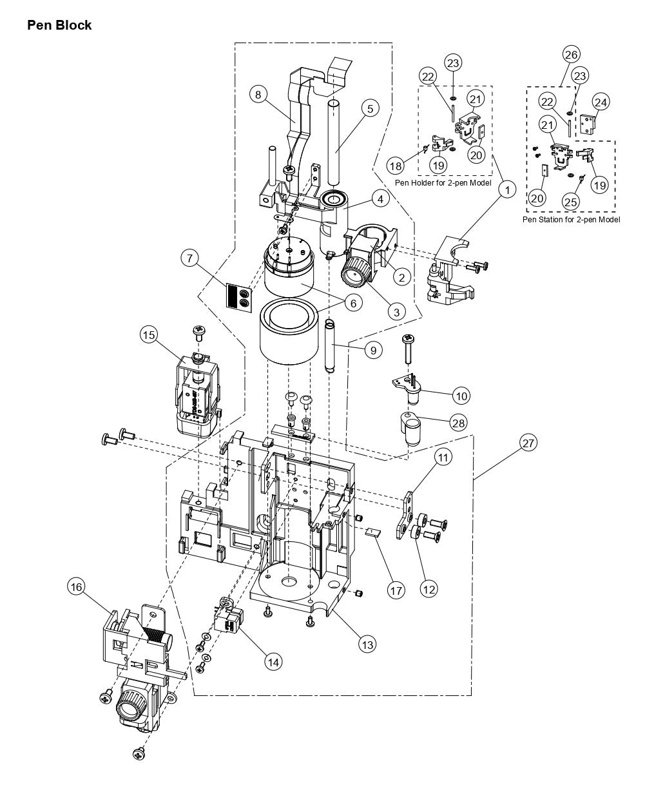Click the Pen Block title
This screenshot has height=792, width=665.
coord(59,25)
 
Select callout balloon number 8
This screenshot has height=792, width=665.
coord(258,95)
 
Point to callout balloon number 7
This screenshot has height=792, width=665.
coord(189,259)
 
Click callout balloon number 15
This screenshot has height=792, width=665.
coord(149,334)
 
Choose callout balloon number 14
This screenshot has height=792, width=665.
coord(273,661)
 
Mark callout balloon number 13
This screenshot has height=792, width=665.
coord(367,644)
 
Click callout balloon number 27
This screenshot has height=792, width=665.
coord(528,443)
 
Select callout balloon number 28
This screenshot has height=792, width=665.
coord(459,423)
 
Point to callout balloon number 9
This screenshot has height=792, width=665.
coord(372,350)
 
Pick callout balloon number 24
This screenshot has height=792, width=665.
coord(601,101)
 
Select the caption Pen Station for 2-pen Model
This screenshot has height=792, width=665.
coord(571,219)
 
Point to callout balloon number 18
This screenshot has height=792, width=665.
coord(396,166)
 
